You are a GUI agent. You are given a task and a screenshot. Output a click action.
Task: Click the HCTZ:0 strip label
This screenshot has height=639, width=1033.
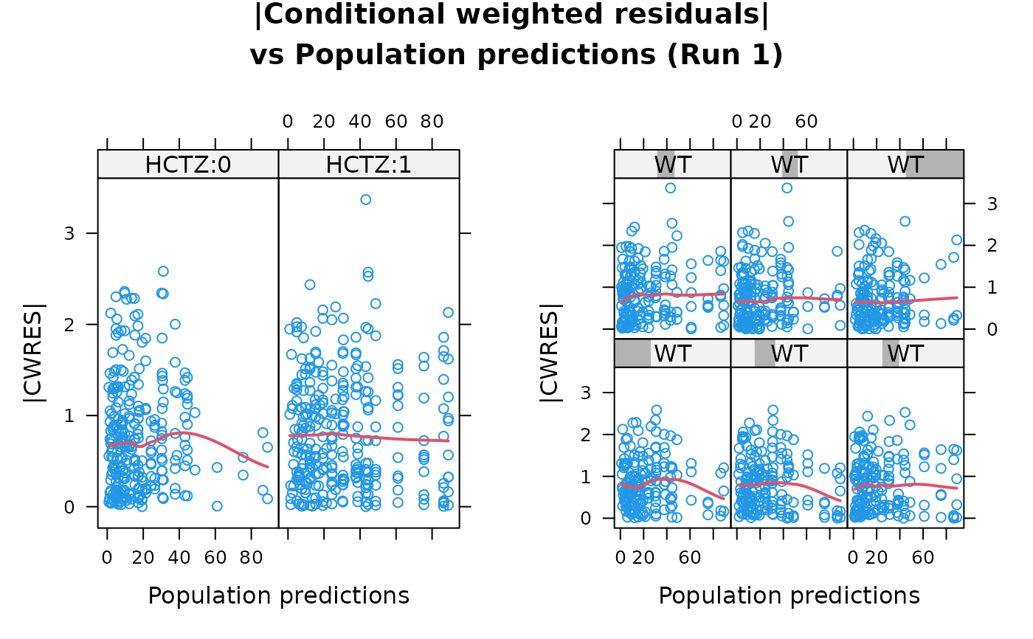click(188, 165)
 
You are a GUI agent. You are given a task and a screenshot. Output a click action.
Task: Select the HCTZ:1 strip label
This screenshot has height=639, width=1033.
click(368, 165)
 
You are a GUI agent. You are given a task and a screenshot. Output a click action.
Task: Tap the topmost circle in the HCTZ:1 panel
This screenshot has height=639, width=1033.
click(365, 199)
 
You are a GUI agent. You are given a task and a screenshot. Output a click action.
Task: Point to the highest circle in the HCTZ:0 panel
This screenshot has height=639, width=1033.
click(163, 272)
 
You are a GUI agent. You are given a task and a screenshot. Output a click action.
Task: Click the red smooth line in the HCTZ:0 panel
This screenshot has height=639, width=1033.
click(184, 433)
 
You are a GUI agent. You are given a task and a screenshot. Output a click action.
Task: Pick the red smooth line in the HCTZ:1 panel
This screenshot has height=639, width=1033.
click(369, 436)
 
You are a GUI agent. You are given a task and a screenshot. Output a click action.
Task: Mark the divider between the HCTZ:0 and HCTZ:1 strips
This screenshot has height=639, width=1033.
click(278, 164)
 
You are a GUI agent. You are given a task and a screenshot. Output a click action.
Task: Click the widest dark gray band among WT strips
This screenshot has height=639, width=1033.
click(934, 164)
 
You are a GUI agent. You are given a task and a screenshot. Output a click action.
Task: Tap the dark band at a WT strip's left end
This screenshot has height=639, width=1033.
click(632, 353)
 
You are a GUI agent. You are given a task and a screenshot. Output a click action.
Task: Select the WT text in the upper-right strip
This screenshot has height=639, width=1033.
click(905, 165)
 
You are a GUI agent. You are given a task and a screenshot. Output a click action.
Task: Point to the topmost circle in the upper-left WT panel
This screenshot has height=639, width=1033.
click(670, 188)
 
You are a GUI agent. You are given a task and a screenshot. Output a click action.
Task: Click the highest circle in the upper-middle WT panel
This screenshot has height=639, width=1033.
click(787, 188)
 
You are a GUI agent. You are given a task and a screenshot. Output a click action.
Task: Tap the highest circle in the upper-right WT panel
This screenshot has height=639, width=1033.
click(905, 221)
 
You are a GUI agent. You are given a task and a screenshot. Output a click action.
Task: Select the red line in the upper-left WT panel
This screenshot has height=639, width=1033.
click(679, 294)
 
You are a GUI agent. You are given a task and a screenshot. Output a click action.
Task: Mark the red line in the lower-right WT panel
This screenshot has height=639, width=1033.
click(908, 485)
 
